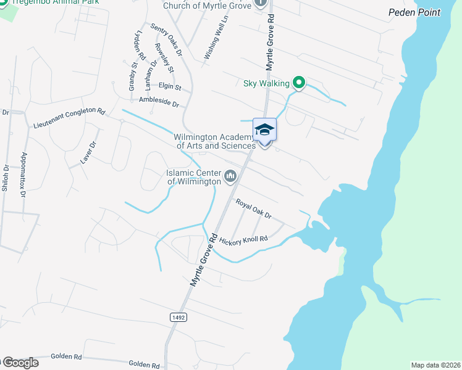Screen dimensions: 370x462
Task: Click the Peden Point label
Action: pyautogui.click(x=414, y=12)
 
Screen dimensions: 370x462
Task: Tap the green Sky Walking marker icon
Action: pyautogui.click(x=299, y=81)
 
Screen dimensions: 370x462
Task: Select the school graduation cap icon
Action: pyautogui.click(x=264, y=129)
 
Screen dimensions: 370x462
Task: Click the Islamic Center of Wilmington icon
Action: pyautogui.click(x=231, y=177)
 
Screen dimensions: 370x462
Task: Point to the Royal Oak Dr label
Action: pyautogui.click(x=253, y=209)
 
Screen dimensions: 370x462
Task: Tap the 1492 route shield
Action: pyautogui.click(x=177, y=316)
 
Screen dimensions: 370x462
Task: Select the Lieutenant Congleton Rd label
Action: pyautogui.click(x=70, y=118)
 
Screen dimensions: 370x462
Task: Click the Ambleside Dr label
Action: pyautogui.click(x=158, y=102)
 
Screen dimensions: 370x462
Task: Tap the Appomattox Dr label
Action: pyautogui.click(x=24, y=175)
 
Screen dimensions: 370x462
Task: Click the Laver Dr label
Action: pyautogui.click(x=89, y=152)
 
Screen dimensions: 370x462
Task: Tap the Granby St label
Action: pyautogui.click(x=132, y=76)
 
